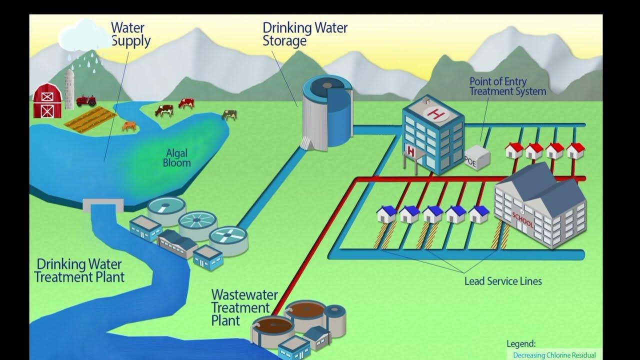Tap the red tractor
coord(86,100)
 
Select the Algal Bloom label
coord(176,158)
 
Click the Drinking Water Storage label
coord(304,33)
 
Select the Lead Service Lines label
coord(503,281)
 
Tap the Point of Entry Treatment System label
coord(507,86)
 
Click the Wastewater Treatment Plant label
coord(243,306)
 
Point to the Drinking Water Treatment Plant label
coord(79,270)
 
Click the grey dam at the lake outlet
coord(103,205)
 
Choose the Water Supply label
coord(130,33)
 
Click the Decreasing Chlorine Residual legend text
coord(554,355)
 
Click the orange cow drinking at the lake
coord(129,126)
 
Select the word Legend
coord(520,343)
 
